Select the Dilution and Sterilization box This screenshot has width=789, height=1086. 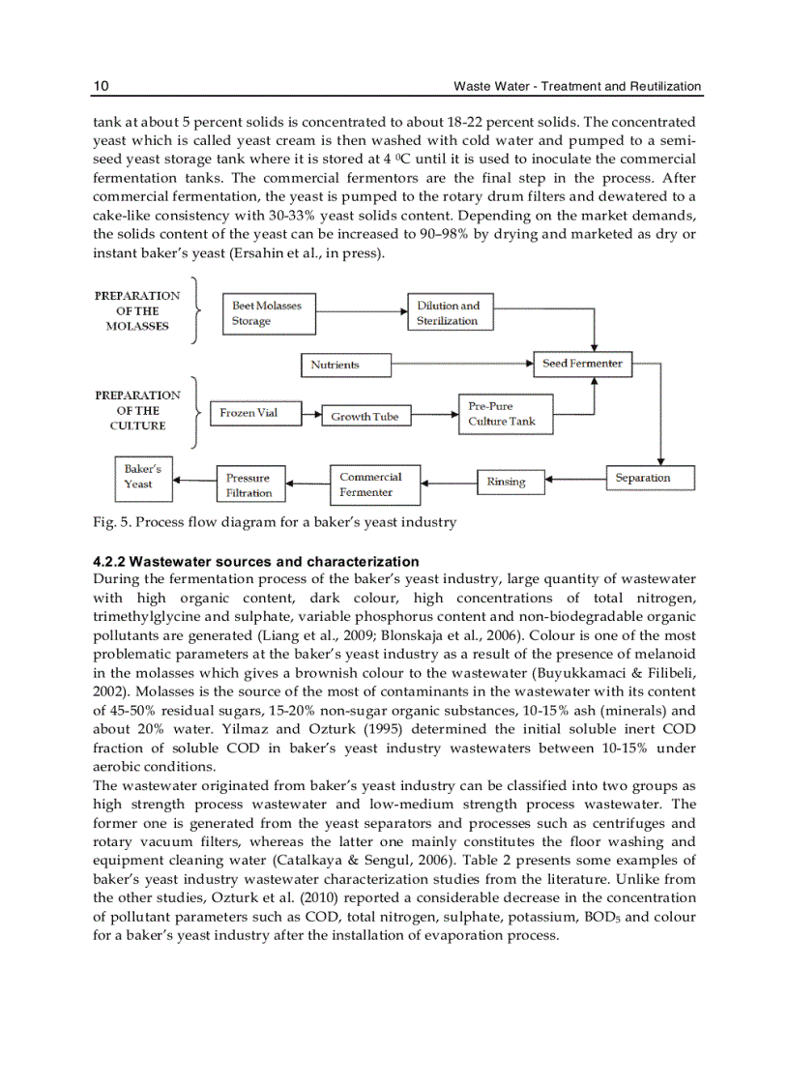[x=450, y=313]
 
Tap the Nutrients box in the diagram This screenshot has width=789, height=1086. [x=346, y=365]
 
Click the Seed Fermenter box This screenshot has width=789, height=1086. [x=583, y=364]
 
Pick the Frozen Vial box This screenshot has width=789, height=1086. [x=249, y=413]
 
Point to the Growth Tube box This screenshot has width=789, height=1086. [x=365, y=417]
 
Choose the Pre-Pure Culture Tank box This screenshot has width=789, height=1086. [x=504, y=414]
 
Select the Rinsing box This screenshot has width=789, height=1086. [x=510, y=482]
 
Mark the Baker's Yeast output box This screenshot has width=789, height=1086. [x=143, y=477]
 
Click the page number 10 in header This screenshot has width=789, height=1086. [x=101, y=86]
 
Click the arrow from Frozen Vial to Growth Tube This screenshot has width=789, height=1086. [x=307, y=413]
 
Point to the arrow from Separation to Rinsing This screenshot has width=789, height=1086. [x=575, y=478]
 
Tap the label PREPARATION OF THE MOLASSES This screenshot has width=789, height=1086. [x=137, y=310]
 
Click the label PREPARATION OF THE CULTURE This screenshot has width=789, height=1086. [x=137, y=410]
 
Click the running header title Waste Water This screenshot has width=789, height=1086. [x=489, y=86]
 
